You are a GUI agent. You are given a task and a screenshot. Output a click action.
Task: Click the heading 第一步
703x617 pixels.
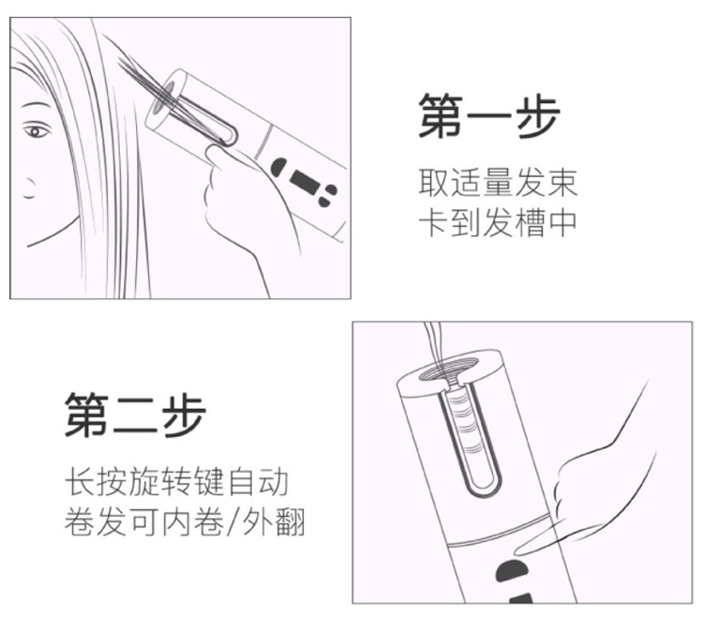pos(488,118)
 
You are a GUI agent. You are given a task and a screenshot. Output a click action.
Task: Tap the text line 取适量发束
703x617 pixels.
pos(497,182)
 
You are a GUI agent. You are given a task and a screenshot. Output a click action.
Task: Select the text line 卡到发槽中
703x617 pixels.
pos(497,222)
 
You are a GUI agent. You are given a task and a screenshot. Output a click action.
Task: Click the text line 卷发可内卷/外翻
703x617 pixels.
pos(185,523)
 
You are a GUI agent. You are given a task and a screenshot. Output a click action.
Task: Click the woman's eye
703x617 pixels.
pos(37,130)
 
